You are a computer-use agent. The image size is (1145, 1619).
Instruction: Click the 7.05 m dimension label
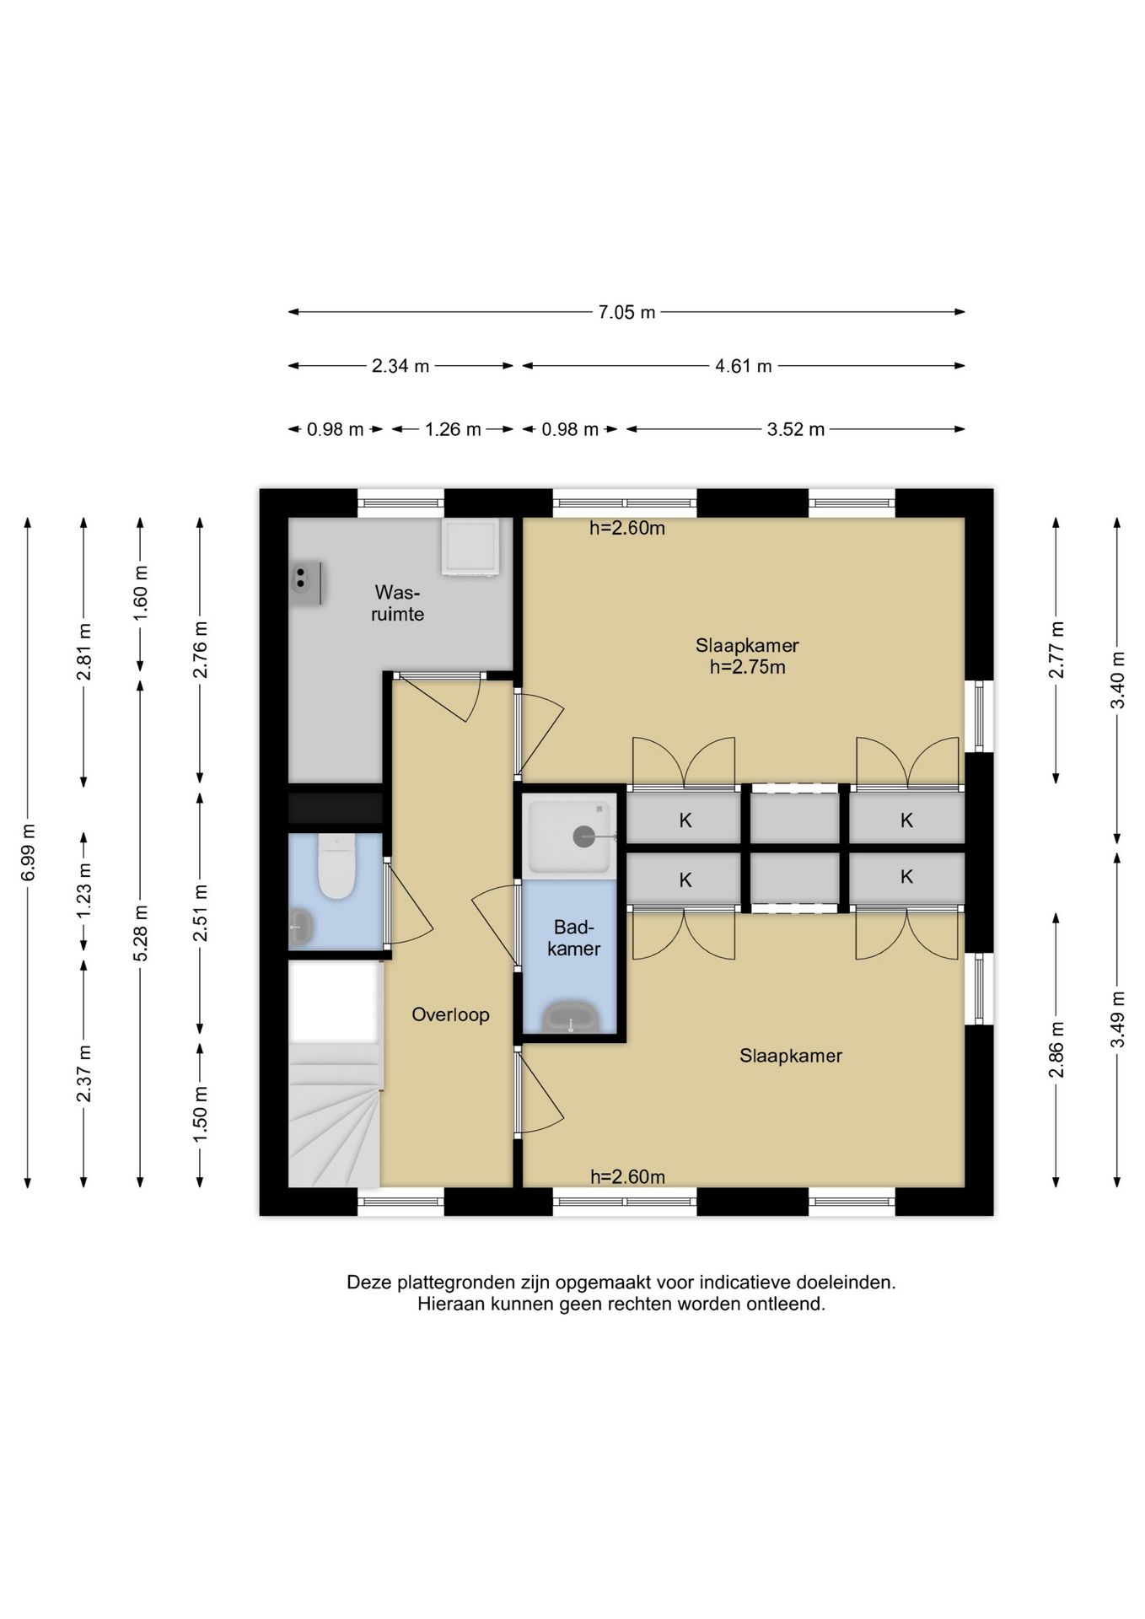(626, 312)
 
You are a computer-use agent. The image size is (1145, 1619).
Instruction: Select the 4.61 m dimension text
(743, 366)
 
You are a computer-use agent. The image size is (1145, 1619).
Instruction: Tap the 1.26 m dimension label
(453, 429)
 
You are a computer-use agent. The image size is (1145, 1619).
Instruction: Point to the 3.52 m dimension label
(795, 429)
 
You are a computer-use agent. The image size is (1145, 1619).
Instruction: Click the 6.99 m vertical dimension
(28, 852)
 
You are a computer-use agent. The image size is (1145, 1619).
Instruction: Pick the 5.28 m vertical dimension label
(141, 932)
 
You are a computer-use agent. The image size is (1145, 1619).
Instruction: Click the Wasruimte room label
(397, 603)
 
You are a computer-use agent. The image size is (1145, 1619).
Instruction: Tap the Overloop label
(450, 1014)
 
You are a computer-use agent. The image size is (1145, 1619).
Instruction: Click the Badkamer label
(573, 938)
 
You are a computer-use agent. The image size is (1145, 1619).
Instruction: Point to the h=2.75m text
(747, 667)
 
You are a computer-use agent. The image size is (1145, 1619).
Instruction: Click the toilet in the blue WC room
(335, 869)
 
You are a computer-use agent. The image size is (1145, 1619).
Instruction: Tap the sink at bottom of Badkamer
(571, 1019)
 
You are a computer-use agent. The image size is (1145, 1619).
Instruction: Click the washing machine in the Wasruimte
(471, 546)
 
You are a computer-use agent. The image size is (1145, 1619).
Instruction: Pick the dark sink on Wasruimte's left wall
(306, 583)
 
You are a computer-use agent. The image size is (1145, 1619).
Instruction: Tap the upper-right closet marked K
(906, 820)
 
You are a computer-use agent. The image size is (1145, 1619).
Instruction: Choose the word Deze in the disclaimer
(369, 1283)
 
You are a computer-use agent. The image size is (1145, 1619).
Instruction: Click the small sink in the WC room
(300, 927)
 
